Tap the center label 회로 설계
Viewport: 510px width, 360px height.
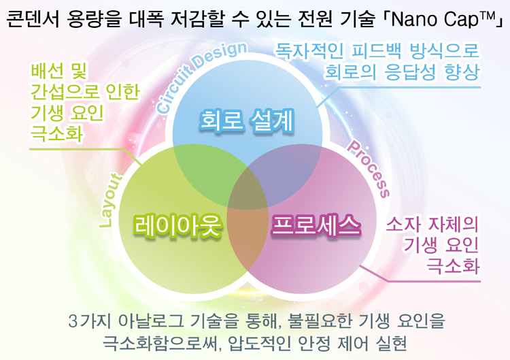[x=247, y=120]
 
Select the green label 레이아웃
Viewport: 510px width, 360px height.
[x=178, y=225]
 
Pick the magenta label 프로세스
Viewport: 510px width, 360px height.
[x=316, y=225]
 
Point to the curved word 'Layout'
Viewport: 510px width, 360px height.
[x=110, y=201]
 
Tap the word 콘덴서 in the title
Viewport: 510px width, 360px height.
[x=33, y=20]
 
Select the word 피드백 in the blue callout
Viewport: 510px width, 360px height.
[x=377, y=52]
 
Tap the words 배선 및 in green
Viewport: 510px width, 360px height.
[x=58, y=71]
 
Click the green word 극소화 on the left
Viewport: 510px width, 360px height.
[x=56, y=133]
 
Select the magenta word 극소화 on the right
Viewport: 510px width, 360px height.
[x=453, y=265]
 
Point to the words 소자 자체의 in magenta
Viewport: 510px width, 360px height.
[x=432, y=225]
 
